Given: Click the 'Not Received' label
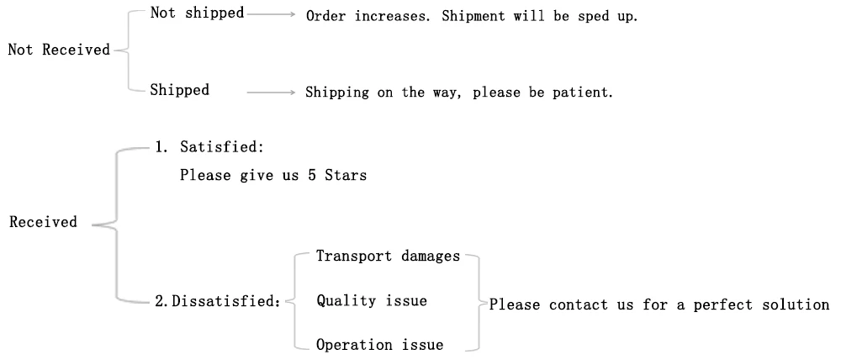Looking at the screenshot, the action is point(59,50).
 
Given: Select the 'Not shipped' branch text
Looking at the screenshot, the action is point(198,13).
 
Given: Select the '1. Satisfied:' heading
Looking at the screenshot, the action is point(209,148).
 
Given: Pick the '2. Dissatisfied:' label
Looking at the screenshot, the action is point(217,301).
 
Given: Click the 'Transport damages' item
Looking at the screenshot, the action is point(388,257).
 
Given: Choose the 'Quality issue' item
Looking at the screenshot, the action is point(371,300).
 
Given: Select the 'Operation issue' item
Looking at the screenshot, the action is point(379,344).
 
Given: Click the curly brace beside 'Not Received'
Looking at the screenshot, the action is point(123,50).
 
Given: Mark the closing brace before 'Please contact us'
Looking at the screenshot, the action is point(476,301).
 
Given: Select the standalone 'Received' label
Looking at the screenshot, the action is point(43,223).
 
